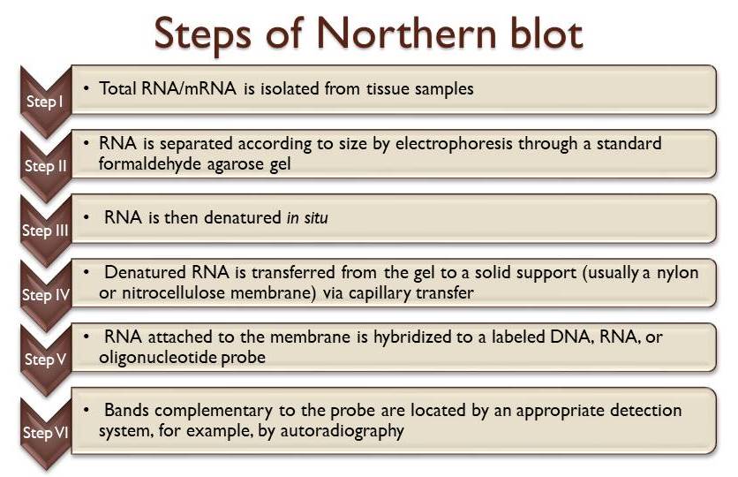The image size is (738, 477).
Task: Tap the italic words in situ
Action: pos(307,216)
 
